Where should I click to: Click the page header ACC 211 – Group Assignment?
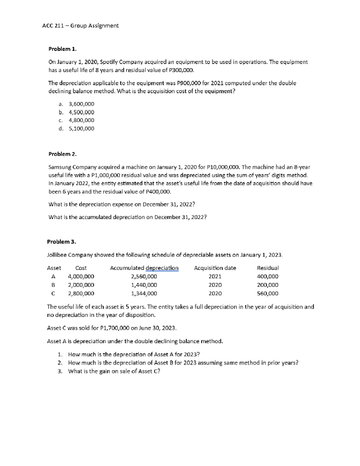[x=80, y=26]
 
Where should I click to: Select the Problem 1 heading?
[x=62, y=49]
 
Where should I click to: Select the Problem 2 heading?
[x=62, y=154]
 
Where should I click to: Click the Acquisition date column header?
[x=215, y=268]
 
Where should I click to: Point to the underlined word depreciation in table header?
[x=162, y=268]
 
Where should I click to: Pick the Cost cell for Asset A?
[x=81, y=276]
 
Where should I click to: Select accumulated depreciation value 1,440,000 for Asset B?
[x=144, y=285]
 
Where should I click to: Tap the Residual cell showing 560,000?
[x=268, y=293]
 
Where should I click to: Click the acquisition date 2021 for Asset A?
[x=215, y=276]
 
